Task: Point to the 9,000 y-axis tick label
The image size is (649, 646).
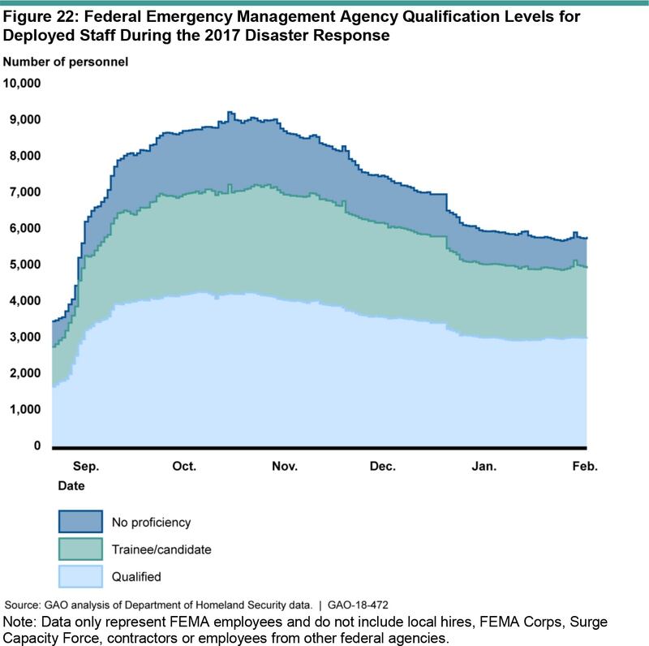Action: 24,119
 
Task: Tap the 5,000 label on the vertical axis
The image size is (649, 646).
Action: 24,265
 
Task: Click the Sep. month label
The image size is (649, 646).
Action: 85,467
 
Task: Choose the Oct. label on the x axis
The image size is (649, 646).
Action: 185,467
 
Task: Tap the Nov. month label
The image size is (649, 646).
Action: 285,467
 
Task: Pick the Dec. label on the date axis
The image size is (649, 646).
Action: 382,467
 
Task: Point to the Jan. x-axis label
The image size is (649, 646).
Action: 484,467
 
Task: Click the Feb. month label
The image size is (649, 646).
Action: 584,467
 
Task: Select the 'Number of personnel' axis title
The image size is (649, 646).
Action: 65,62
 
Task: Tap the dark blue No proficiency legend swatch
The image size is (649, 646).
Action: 80,522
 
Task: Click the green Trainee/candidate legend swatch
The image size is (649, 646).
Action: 80,549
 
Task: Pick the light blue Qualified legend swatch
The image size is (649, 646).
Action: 80,577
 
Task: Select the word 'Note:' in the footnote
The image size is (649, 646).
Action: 21,622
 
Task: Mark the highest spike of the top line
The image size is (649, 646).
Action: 230,113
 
